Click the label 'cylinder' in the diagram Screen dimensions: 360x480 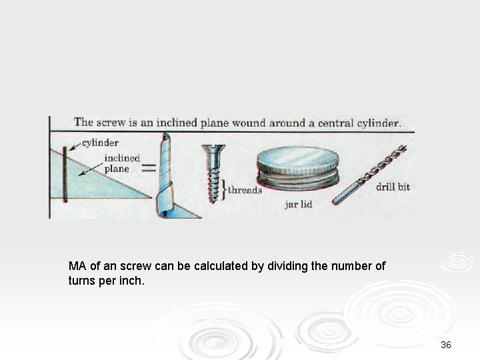(101, 143)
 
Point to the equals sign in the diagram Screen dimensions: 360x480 (149, 169)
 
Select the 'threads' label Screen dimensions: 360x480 (245, 189)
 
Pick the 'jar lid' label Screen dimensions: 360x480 (299, 204)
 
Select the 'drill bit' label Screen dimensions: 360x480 (393, 187)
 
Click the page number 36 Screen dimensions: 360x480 (446, 345)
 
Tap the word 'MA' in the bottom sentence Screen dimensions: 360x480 (77, 266)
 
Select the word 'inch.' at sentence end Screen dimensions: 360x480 (130, 280)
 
